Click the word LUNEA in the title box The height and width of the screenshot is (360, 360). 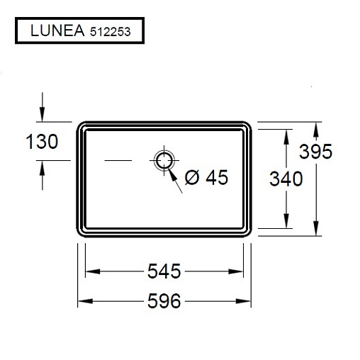(x=57, y=30)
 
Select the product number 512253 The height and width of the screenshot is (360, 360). (x=110, y=32)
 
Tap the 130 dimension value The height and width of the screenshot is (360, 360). (x=42, y=142)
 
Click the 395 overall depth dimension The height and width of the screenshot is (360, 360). (x=315, y=151)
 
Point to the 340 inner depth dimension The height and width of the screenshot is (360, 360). (x=286, y=179)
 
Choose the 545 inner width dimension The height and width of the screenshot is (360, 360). (x=164, y=271)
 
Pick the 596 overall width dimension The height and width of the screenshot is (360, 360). (x=164, y=301)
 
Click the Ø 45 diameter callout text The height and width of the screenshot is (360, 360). (x=206, y=177)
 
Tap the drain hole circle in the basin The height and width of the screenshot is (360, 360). (x=164, y=160)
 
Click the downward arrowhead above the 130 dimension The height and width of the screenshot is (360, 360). (x=43, y=114)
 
